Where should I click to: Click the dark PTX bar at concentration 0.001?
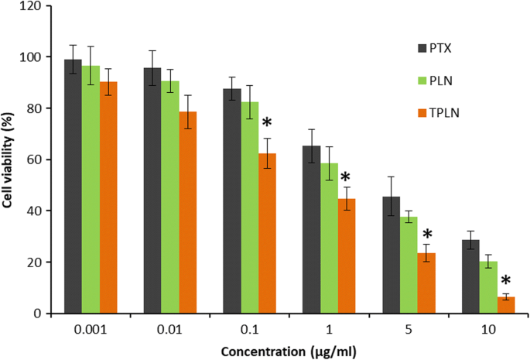click(x=73, y=187)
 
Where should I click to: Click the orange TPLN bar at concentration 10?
click(x=505, y=305)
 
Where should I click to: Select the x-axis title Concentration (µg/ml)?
click(x=288, y=350)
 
